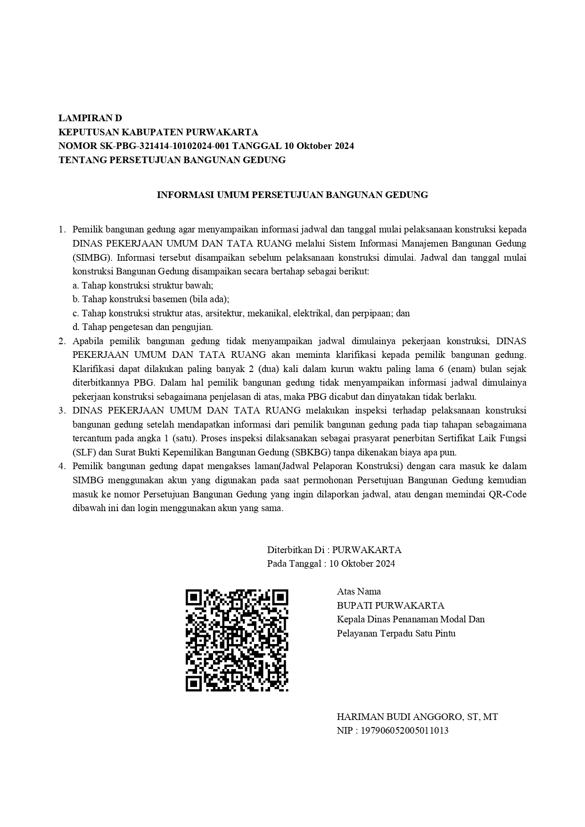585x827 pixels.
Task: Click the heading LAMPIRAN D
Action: (x=90, y=118)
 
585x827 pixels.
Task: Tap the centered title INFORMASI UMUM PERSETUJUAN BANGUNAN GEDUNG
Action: (x=292, y=195)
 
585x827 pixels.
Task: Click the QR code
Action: (x=237, y=640)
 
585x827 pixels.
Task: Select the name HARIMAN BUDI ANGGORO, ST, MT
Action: (x=417, y=717)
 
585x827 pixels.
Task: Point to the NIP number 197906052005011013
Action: (x=404, y=731)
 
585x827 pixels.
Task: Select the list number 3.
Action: (x=61, y=410)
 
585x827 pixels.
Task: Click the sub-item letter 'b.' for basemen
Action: (x=76, y=299)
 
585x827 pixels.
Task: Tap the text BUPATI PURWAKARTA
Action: (x=390, y=605)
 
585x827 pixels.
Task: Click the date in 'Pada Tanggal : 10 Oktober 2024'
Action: (x=362, y=563)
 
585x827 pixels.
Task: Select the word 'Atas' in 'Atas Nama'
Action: (x=346, y=591)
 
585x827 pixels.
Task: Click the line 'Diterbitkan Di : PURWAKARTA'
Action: (x=334, y=550)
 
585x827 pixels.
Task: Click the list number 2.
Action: (x=61, y=341)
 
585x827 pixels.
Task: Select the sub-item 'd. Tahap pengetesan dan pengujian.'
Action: (x=143, y=327)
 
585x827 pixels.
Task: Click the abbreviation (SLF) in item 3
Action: (x=84, y=452)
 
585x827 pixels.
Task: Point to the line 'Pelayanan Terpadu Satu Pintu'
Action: (x=396, y=633)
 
